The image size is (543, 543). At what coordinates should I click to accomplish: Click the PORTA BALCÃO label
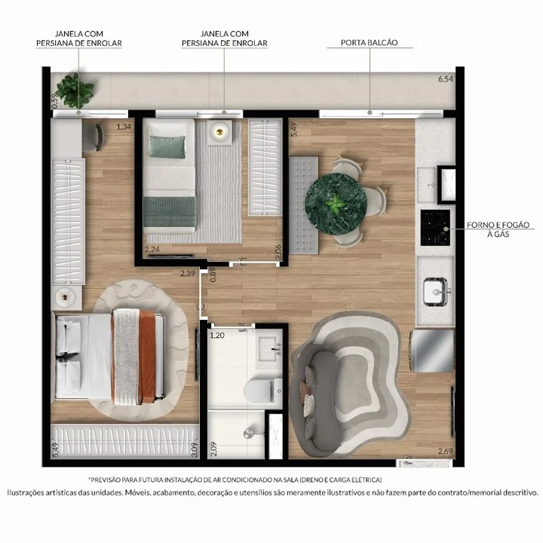pyautogui.click(x=369, y=43)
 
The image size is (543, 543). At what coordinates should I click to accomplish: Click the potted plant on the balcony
pyautogui.click(x=77, y=90)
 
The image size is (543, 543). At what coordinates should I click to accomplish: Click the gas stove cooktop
pyautogui.click(x=434, y=227)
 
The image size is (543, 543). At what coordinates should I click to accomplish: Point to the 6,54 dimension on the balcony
pyautogui.click(x=448, y=78)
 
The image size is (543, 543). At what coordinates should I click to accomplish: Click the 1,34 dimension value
pyautogui.click(x=124, y=127)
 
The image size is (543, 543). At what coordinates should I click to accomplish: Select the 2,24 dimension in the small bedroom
pyautogui.click(x=152, y=250)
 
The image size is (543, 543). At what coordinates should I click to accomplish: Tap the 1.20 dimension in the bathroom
pyautogui.click(x=217, y=335)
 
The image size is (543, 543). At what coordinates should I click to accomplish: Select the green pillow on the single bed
pyautogui.click(x=167, y=143)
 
